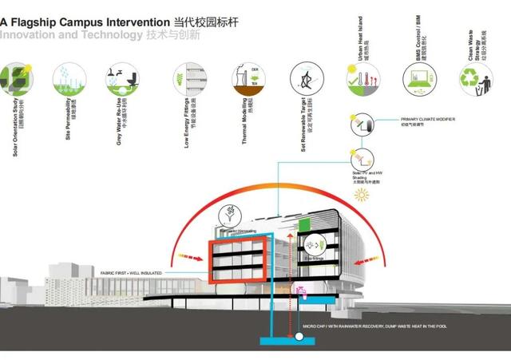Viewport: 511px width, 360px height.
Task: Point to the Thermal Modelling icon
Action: (246, 77)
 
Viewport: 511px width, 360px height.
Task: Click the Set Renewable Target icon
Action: (305, 77)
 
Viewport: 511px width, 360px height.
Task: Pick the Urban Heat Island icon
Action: (362, 77)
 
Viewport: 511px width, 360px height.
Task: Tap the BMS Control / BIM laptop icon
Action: (419, 77)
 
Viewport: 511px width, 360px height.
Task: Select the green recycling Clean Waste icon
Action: (476, 77)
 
